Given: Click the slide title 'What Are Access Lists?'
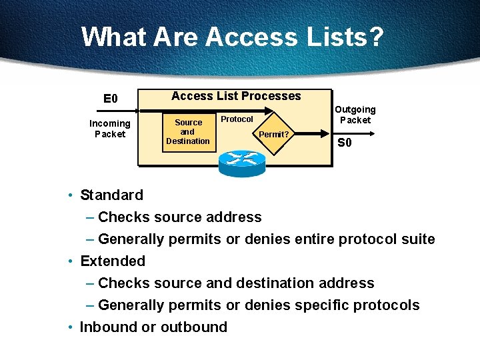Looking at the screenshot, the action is coord(232,37).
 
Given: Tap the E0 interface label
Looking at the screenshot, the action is coord(110,99).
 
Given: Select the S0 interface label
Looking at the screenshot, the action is coord(345,142).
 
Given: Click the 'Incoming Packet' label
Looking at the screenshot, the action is coord(110,128).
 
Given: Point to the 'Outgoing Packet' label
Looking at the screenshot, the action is coord(355,115).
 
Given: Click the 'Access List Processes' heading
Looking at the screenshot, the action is coord(236,96).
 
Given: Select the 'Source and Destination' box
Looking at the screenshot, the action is coord(188,132).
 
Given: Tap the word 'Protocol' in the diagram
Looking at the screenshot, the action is coord(237,119).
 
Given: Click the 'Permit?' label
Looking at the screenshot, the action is coord(273,134).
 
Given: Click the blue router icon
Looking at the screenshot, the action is coord(241,161).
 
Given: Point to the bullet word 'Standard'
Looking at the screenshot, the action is coord(111,195).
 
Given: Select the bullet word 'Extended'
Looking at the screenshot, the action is coord(113,261).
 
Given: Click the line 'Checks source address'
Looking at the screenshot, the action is coord(179,217).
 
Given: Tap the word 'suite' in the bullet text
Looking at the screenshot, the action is coord(417,239).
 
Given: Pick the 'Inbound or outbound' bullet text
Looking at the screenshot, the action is coord(153,327).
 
